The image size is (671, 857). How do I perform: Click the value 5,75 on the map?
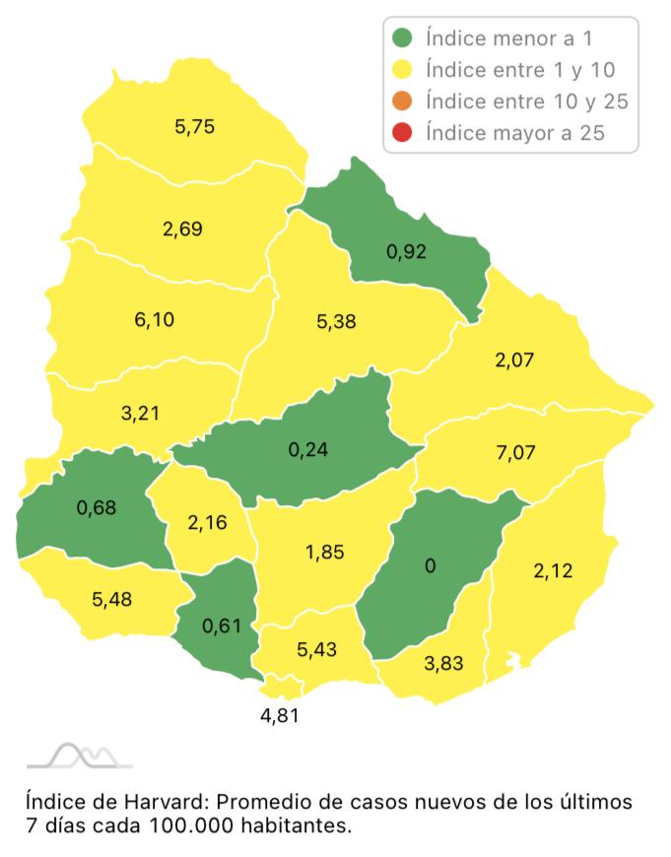pyautogui.click(x=194, y=126)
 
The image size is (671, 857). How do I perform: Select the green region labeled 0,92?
pyautogui.click(x=407, y=252)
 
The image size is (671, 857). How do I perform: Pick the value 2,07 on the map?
pyautogui.click(x=514, y=360)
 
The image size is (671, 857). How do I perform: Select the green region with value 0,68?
pyautogui.click(x=97, y=509)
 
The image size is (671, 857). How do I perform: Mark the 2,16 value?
pyautogui.click(x=208, y=521)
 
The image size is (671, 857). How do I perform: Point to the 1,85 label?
pyautogui.click(x=324, y=553)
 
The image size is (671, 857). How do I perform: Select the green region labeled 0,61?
pyautogui.click(x=221, y=625)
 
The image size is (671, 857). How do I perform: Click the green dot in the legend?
pyautogui.click(x=402, y=39)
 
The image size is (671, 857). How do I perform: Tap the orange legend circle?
pyautogui.click(x=402, y=100)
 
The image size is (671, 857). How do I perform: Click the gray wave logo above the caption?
pyautogui.click(x=79, y=756)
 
